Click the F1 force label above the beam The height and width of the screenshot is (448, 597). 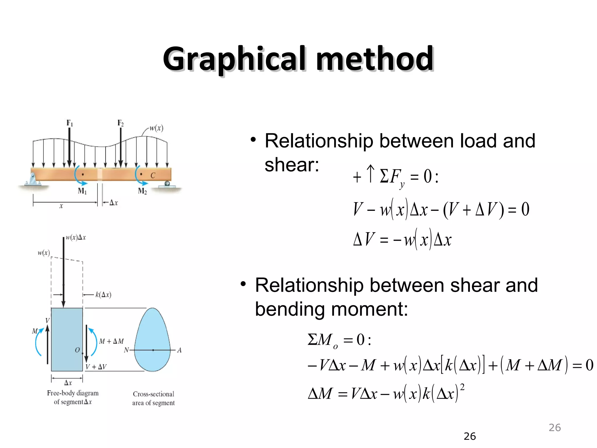[70, 123]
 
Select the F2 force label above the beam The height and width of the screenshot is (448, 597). [120, 123]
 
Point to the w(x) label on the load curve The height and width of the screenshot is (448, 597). [156, 128]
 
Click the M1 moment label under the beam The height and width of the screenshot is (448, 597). [82, 191]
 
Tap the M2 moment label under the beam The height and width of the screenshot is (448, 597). [142, 191]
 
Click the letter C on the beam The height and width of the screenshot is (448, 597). [153, 175]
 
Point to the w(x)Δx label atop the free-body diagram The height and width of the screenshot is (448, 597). [76, 237]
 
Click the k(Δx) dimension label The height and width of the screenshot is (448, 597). [103, 295]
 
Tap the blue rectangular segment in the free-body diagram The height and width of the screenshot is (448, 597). [67, 339]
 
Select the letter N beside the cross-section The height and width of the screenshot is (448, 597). [126, 350]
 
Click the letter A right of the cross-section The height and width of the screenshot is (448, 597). [179, 350]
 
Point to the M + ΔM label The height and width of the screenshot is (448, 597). [111, 341]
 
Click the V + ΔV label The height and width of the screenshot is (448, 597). [96, 367]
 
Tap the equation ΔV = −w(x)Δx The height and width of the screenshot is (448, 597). [402, 240]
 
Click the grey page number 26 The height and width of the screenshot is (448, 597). [554, 428]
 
